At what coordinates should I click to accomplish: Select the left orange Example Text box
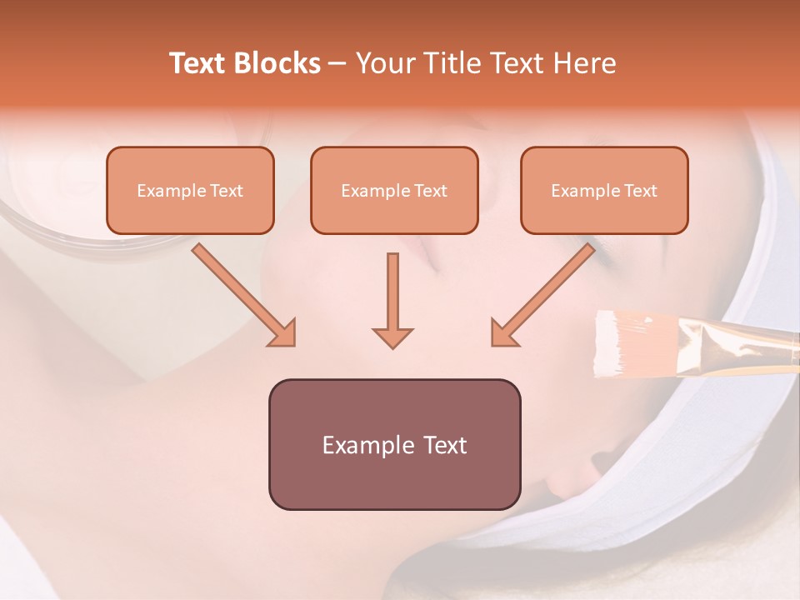tap(190, 191)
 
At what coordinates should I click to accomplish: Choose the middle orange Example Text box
tap(394, 191)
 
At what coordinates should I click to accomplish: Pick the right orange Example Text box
tap(604, 191)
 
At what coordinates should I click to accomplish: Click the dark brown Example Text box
tap(394, 444)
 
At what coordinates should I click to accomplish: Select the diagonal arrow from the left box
tap(244, 295)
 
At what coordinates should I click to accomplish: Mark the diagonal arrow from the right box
tap(542, 295)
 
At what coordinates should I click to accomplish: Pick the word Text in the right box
tap(640, 191)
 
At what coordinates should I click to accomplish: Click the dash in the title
tap(337, 63)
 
